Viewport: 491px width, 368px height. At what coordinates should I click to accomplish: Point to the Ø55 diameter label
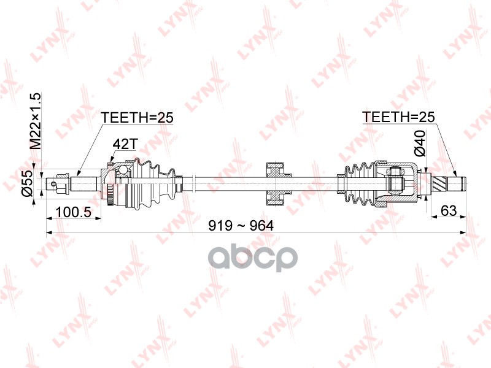[x=28, y=183]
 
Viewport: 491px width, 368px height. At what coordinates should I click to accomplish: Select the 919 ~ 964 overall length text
[x=240, y=225]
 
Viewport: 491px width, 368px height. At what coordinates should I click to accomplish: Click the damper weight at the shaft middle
[x=277, y=182]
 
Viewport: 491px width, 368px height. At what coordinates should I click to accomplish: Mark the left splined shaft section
[x=86, y=182]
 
